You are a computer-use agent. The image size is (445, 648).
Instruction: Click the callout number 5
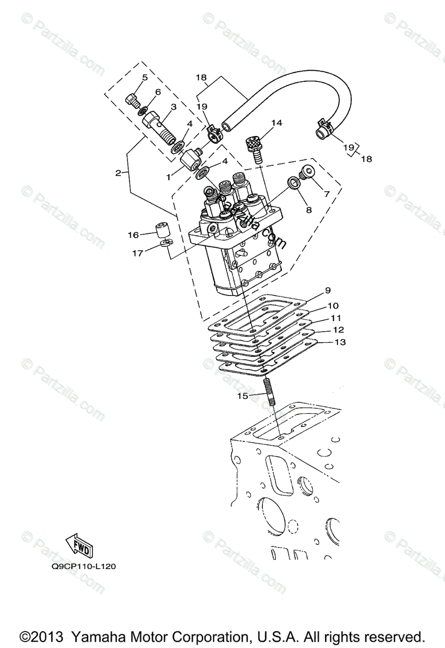pos(145,78)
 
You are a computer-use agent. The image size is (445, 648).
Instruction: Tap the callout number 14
pos(277,123)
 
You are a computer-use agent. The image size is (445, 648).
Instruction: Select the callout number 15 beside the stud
pos(243,396)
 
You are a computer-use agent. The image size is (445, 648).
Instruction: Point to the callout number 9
pos(327,290)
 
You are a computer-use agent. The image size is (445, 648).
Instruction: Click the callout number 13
pos(340,342)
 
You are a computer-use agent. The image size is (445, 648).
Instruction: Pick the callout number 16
pos(134,235)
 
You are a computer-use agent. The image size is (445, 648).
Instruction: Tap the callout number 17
pos(138,253)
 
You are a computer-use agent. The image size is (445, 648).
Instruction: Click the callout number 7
pos(327,194)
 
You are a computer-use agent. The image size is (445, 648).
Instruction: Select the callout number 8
pos(309,210)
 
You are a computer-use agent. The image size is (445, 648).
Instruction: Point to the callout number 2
pos(118,173)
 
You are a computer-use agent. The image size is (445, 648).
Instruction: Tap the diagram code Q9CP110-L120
pos(84,566)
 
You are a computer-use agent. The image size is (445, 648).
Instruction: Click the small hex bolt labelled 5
pos(133,100)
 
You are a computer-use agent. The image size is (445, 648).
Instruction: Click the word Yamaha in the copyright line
pos(96,636)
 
